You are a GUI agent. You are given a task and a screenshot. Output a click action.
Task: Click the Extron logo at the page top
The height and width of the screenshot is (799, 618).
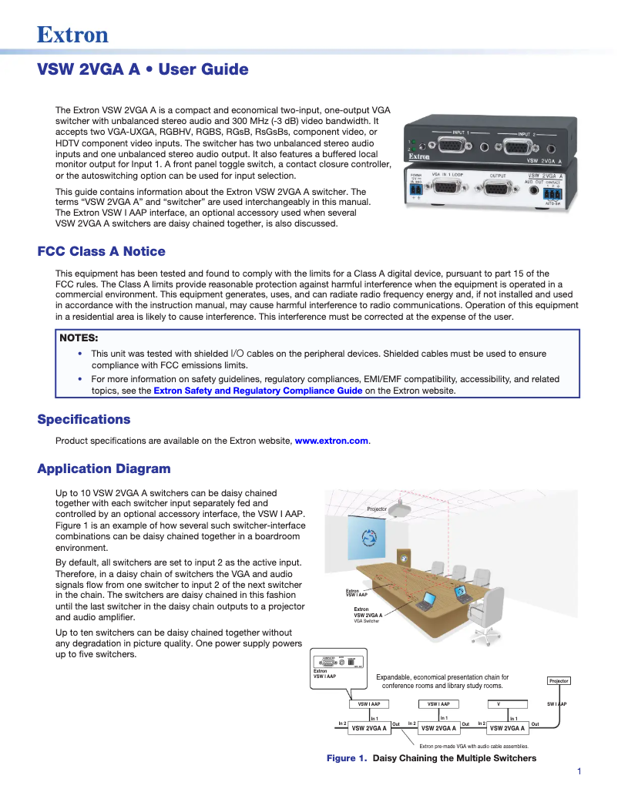(x=73, y=35)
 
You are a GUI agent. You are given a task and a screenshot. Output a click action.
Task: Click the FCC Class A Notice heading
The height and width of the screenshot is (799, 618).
(x=101, y=251)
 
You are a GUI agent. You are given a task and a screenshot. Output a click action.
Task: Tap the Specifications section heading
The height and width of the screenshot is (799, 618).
(x=84, y=419)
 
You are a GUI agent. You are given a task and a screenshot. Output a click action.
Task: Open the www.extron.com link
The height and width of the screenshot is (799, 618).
(x=332, y=441)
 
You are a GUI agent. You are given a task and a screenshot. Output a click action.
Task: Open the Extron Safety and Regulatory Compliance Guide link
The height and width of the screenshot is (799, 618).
(x=257, y=391)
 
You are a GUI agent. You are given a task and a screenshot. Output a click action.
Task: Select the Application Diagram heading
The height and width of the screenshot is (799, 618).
(x=104, y=468)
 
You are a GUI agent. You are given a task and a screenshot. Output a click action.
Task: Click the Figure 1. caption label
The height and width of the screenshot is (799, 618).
(x=346, y=758)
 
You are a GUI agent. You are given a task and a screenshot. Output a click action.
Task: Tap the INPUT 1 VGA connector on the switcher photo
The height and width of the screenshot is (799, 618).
(x=454, y=146)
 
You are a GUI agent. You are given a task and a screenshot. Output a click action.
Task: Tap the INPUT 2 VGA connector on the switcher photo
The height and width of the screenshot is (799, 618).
(x=521, y=146)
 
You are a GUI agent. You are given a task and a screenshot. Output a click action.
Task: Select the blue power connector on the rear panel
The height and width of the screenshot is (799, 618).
(x=416, y=190)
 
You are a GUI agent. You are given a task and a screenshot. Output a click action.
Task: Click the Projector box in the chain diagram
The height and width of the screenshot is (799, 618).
(x=559, y=681)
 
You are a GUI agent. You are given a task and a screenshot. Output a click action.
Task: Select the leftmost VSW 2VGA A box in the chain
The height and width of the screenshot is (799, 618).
(x=369, y=727)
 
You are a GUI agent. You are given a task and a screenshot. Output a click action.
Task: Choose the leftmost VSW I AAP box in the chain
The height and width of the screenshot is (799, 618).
(x=369, y=703)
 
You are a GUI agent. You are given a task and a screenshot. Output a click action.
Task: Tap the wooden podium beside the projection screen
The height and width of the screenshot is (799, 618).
(x=402, y=556)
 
